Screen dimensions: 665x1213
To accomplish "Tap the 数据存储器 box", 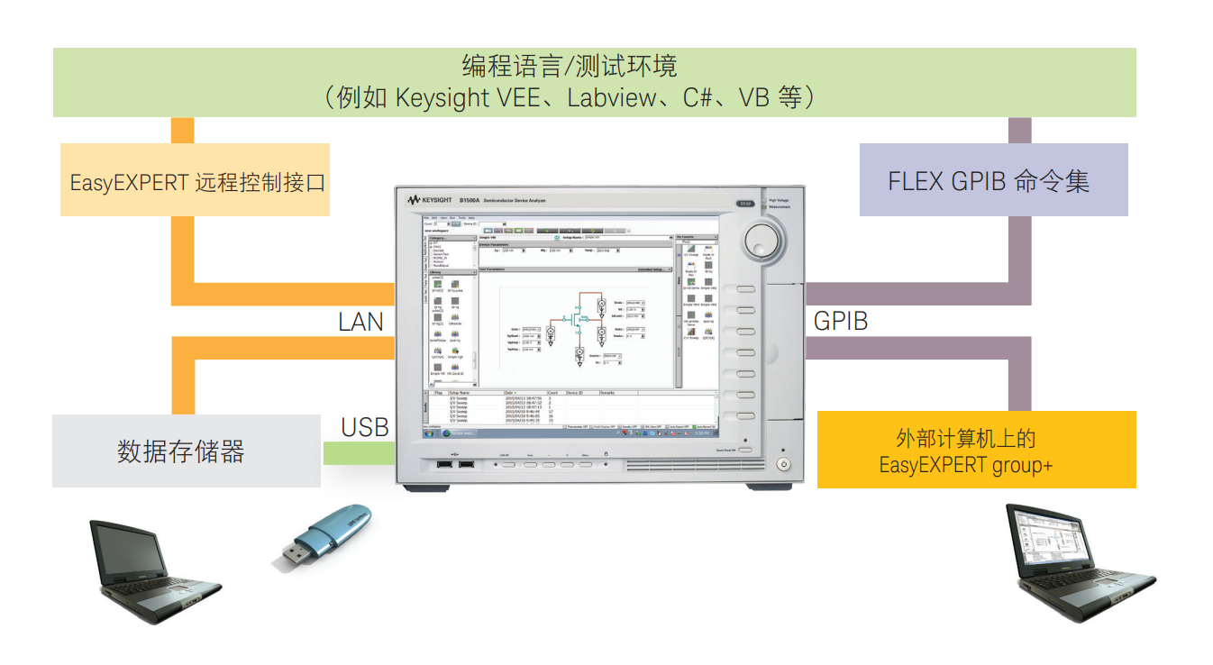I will click(186, 451).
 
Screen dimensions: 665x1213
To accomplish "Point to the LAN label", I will click(360, 322).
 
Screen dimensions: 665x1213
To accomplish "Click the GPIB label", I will click(840, 322).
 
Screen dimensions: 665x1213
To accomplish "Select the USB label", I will click(364, 427).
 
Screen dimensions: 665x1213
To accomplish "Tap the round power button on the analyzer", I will click(782, 465).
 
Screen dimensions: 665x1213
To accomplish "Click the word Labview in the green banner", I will click(612, 98).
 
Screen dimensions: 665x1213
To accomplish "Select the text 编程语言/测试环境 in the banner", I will click(569, 67).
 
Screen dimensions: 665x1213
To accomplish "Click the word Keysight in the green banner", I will click(442, 98).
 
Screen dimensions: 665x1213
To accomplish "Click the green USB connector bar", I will click(359, 453).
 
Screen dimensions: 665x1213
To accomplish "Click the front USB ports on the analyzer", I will click(454, 464).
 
